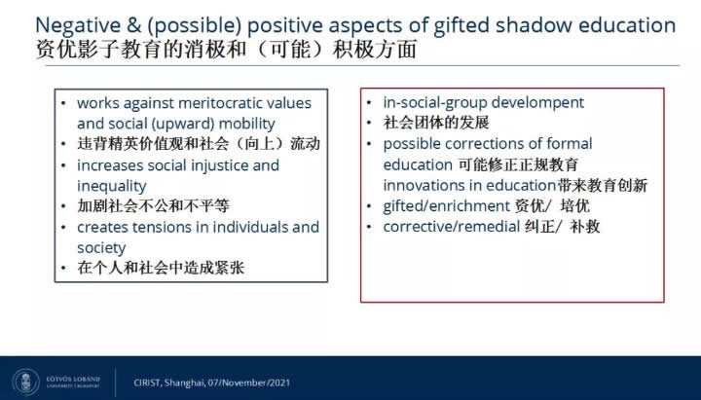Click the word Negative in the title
point(78,25)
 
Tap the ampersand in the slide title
point(133,25)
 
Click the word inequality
point(111,186)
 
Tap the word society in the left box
point(101,248)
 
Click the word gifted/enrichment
point(446,206)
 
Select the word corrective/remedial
point(451,227)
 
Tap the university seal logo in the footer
point(26,382)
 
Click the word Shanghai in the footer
point(183,383)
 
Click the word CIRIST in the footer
point(147,382)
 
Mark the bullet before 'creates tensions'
point(63,228)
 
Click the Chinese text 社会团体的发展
point(436,123)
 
